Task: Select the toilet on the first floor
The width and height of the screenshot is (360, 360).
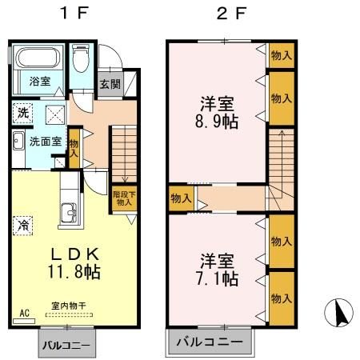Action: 82,60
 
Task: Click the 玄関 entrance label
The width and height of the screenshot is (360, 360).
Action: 110,83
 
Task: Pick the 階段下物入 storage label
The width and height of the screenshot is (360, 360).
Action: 122,198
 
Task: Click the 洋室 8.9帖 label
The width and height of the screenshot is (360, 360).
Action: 216,113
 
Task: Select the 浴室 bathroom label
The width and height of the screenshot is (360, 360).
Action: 40,82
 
